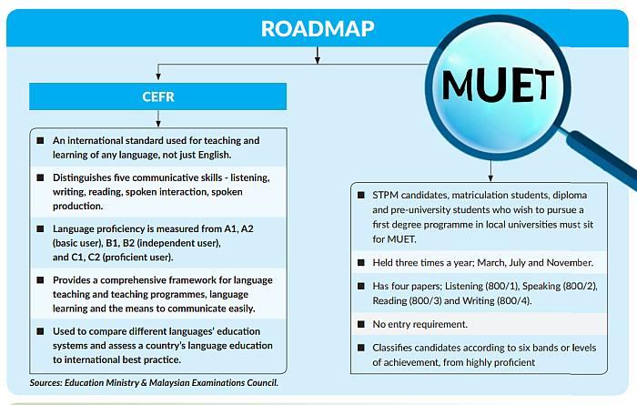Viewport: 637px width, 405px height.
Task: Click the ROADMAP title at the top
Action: [x=318, y=27]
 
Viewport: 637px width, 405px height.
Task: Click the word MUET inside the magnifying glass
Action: [x=498, y=86]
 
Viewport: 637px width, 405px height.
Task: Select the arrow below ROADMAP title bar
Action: [x=318, y=56]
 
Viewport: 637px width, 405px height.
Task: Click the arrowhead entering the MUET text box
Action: [x=490, y=177]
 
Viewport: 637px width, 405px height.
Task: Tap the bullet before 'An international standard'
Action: [x=40, y=141]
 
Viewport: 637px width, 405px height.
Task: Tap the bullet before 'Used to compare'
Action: [x=40, y=329]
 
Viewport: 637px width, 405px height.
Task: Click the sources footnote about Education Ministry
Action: [x=154, y=382]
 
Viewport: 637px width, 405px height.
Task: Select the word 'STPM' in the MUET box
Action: [x=388, y=196]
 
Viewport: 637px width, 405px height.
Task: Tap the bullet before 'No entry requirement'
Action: [x=359, y=325]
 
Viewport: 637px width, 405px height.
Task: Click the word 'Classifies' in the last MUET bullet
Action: [x=398, y=348]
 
